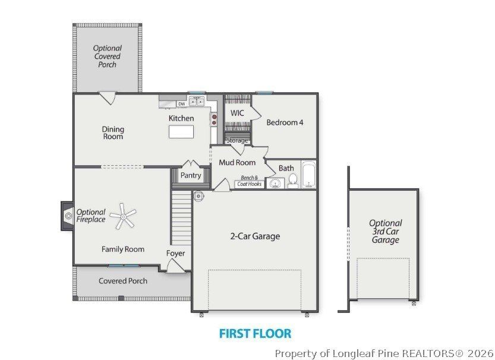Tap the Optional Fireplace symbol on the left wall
click(x=68, y=215)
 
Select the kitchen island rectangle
click(x=181, y=132)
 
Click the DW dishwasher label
click(x=181, y=104)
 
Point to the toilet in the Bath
click(x=293, y=181)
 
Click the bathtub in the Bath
click(x=308, y=175)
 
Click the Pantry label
click(x=191, y=176)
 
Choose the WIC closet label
click(x=237, y=113)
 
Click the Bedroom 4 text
click(x=285, y=122)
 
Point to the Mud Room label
click(x=237, y=162)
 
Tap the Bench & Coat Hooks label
click(x=249, y=181)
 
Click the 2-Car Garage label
click(x=255, y=236)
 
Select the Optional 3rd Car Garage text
click(x=385, y=232)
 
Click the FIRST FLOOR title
click(x=255, y=333)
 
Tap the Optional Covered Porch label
click(x=108, y=56)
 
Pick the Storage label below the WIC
click(x=237, y=140)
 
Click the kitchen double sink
click(x=196, y=102)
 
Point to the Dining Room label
click(x=113, y=132)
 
